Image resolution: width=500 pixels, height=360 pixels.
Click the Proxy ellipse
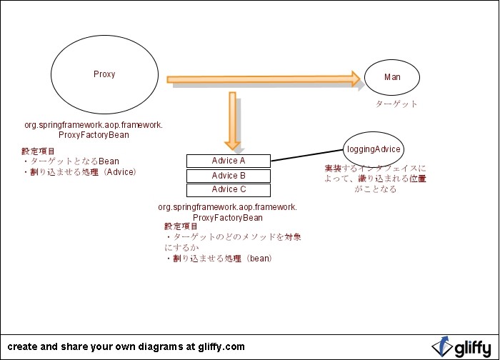click(x=104, y=74)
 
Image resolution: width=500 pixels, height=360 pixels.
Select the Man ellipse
click(x=392, y=77)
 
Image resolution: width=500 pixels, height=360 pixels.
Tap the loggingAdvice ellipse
click(x=373, y=149)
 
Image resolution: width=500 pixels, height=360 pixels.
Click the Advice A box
click(x=229, y=161)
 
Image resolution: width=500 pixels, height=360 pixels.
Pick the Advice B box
click(x=229, y=176)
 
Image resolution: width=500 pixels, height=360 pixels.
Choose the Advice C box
click(x=229, y=190)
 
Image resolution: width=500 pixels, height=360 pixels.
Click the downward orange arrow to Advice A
click(x=232, y=118)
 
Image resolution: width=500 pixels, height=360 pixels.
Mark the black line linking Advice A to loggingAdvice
click(x=307, y=156)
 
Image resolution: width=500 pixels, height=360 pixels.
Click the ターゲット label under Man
click(x=396, y=104)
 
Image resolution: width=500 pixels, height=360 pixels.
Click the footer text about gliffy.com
click(x=126, y=346)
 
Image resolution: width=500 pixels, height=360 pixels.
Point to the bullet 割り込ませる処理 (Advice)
click(x=79, y=172)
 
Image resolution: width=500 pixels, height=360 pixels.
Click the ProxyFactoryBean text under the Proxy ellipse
click(x=94, y=135)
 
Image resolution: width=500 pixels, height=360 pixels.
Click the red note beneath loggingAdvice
click(x=375, y=179)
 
